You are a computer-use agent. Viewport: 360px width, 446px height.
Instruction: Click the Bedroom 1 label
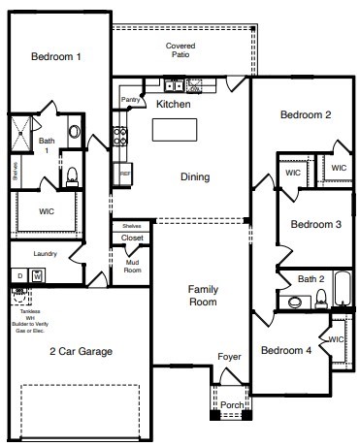(x=55, y=57)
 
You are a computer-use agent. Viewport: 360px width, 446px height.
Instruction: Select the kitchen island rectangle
(x=174, y=131)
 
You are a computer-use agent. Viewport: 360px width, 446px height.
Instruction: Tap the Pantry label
(x=130, y=100)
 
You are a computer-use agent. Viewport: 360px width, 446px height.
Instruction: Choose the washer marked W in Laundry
(x=36, y=276)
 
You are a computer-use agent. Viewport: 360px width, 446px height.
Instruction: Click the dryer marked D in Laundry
(x=19, y=276)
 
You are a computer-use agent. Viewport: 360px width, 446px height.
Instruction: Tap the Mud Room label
(x=132, y=265)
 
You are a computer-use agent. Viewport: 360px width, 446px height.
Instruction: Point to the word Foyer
(x=228, y=357)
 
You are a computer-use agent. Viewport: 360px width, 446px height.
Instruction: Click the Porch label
(x=231, y=404)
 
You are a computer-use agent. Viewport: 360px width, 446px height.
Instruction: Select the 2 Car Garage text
(x=82, y=351)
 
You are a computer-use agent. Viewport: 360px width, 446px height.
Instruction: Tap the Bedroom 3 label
(x=316, y=225)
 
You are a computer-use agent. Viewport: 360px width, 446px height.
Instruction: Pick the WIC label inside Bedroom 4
(x=336, y=339)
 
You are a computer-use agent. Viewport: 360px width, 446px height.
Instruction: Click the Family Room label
(x=203, y=296)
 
